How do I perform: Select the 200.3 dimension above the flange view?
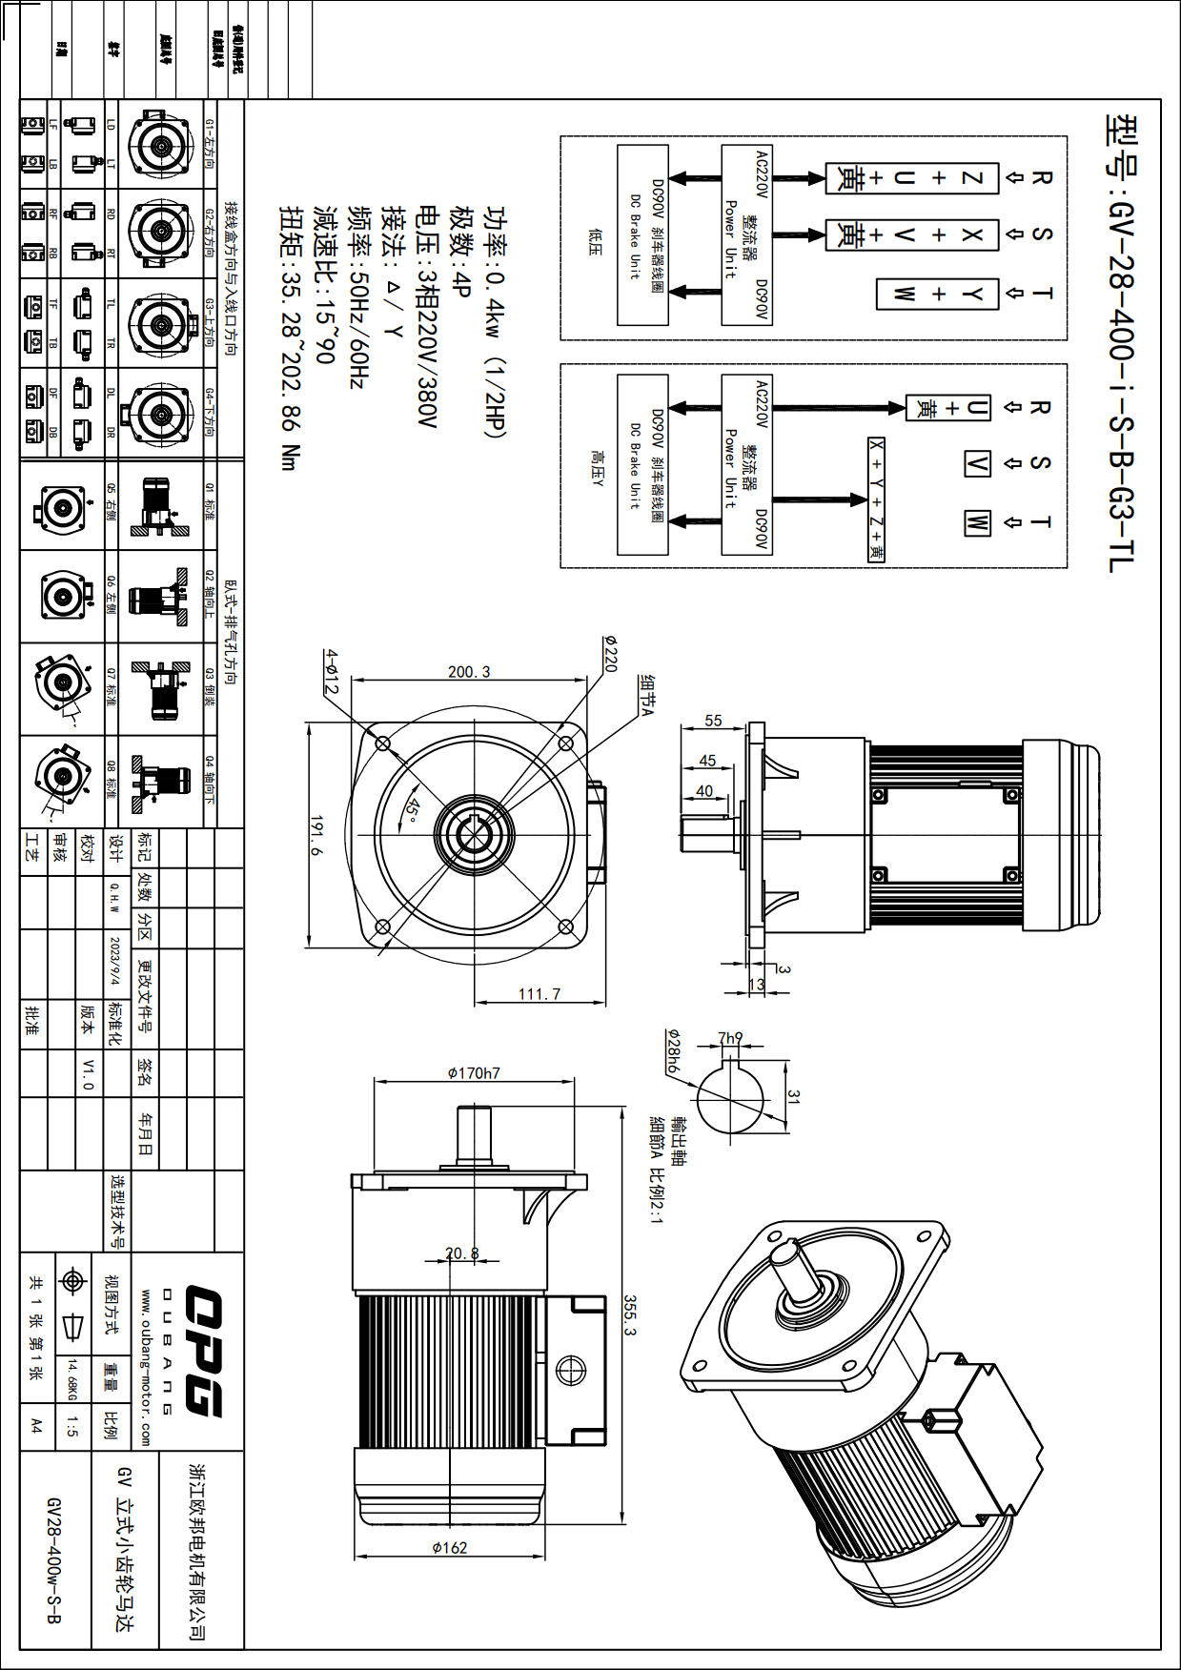(469, 672)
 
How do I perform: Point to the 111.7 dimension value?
(540, 994)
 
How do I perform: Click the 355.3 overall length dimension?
(630, 1314)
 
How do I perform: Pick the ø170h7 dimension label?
(474, 1073)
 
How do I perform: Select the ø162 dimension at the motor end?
(450, 1548)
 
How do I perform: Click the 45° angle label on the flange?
(411, 810)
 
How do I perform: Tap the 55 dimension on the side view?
(713, 721)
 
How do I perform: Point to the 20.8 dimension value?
(462, 1253)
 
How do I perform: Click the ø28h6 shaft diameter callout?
(673, 1052)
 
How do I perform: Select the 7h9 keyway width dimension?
(730, 1037)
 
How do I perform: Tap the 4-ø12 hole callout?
(331, 672)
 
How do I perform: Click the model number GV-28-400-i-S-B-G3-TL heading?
(1121, 343)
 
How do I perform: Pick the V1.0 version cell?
(88, 1073)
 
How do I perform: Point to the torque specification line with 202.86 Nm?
(290, 338)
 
